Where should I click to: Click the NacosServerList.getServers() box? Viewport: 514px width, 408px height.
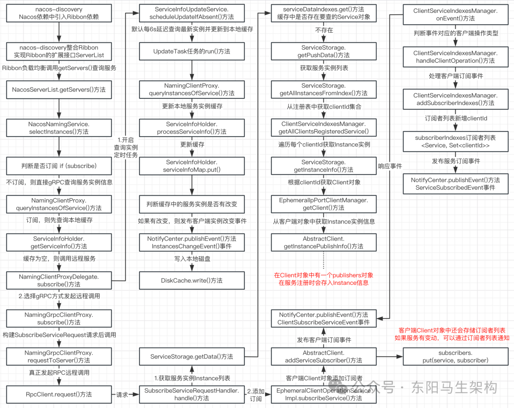tap(59, 89)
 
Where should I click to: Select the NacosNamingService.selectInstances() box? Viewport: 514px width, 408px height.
tap(59, 127)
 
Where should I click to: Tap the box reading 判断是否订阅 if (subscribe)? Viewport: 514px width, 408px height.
tap(59, 165)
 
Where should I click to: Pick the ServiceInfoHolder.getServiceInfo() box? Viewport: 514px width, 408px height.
tap(59, 242)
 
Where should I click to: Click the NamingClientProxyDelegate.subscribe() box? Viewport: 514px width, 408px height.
tap(59, 280)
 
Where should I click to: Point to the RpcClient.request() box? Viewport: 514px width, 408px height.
tap(59, 394)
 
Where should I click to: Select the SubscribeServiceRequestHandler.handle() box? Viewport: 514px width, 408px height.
tap(192, 394)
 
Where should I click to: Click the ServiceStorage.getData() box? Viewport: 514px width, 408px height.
tap(192, 356)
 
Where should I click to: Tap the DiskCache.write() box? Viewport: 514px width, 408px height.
tap(192, 281)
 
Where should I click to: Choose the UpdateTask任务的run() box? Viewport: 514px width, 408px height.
tap(192, 51)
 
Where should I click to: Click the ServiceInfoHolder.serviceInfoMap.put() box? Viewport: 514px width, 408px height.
tap(192, 166)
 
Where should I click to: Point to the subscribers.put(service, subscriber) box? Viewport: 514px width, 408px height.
tap(456, 356)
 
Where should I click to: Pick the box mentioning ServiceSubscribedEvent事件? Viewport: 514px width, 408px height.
tap(456, 184)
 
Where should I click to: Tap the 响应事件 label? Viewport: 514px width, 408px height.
tap(390, 166)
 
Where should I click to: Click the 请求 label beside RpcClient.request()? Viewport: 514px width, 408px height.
tap(122, 394)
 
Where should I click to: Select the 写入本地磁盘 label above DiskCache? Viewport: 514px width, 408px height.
tap(192, 259)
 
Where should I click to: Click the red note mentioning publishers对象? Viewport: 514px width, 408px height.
tap(324, 279)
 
